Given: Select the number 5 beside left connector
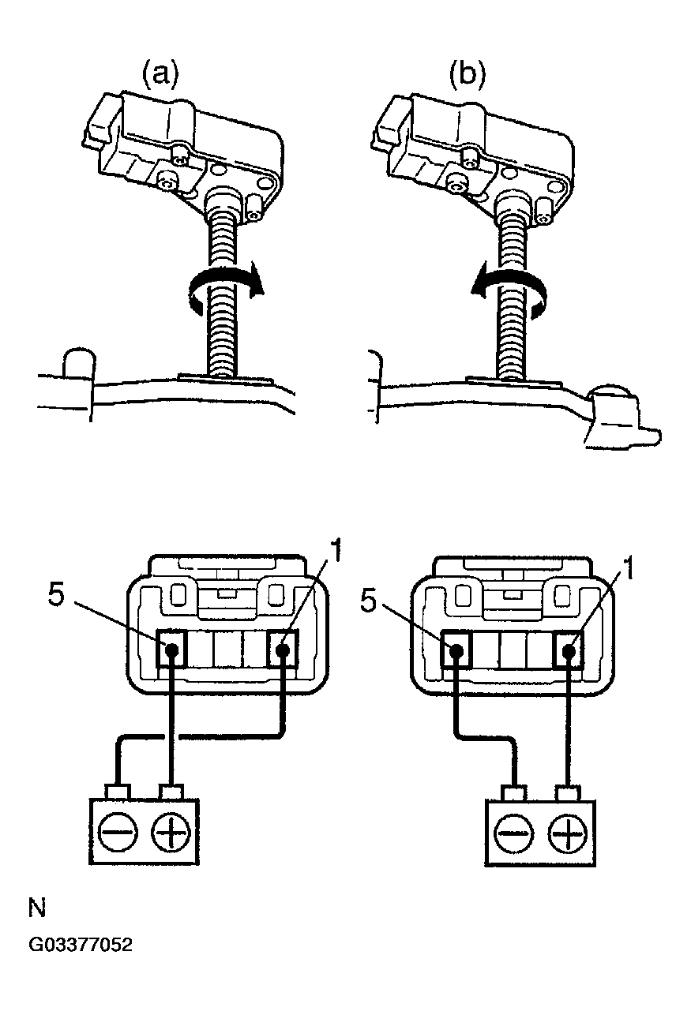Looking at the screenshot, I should [56, 596].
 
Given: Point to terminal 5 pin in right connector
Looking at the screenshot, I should [456, 651].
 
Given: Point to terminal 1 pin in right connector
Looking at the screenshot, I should [569, 651].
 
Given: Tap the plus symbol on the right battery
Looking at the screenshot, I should [568, 832].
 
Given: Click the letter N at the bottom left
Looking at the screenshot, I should [36, 908].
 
